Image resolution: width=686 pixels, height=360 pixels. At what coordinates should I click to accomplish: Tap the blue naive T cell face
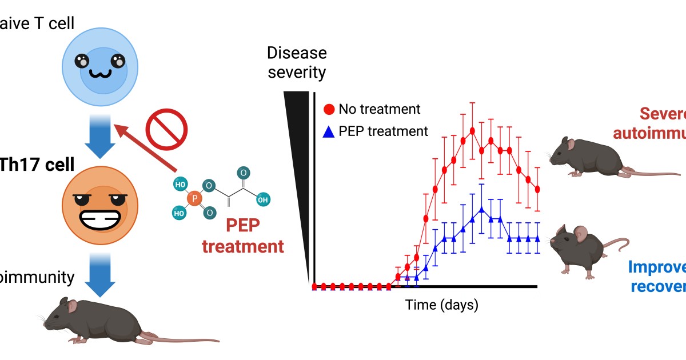(x=99, y=67)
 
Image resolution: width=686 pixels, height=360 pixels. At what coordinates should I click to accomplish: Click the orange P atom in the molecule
(x=195, y=198)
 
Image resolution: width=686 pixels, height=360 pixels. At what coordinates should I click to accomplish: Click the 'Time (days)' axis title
(x=441, y=305)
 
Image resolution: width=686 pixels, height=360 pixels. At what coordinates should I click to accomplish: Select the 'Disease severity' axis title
(x=297, y=63)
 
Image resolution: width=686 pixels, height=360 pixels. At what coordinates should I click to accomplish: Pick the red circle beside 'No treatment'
(x=329, y=109)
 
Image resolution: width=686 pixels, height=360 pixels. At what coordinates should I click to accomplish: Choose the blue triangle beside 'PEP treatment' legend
(x=329, y=131)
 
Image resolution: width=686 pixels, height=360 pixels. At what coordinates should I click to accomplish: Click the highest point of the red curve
(x=472, y=131)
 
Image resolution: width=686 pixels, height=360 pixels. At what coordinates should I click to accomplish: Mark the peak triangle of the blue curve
(x=482, y=210)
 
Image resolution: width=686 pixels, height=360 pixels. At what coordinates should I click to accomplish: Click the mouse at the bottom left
(x=126, y=320)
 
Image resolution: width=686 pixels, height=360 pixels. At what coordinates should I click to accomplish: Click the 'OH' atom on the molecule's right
(x=262, y=200)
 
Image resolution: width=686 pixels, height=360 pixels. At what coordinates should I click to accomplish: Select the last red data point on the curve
(x=537, y=189)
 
